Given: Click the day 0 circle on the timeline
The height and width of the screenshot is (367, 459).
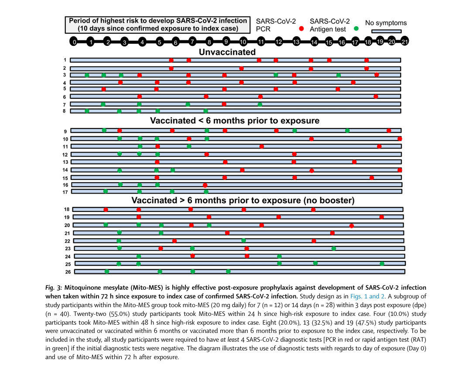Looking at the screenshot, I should point(75,42).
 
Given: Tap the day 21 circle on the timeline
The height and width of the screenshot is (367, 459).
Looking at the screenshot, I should point(404,41).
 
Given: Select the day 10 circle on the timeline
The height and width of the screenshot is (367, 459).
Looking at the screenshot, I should point(243,42).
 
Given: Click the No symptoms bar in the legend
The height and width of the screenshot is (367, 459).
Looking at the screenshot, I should point(386,31).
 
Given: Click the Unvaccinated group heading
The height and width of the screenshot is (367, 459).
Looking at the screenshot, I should point(227,52).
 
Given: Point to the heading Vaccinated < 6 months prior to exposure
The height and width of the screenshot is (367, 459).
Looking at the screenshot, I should point(235,120).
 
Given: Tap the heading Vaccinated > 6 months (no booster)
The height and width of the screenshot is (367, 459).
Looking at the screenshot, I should point(243,201).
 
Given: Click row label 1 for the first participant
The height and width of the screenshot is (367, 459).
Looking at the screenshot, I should point(65,60).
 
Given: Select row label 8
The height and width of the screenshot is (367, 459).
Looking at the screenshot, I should point(65,111).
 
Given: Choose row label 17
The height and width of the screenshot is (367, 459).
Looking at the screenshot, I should point(65,192).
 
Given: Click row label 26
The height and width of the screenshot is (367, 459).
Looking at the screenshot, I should point(68,272).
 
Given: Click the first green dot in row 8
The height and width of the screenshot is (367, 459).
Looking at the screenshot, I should point(87,111).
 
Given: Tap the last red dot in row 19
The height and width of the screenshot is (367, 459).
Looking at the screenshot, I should point(382,217).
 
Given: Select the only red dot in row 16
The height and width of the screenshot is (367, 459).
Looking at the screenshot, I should point(205,185).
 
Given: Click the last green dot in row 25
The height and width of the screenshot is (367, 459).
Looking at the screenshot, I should point(382,263).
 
